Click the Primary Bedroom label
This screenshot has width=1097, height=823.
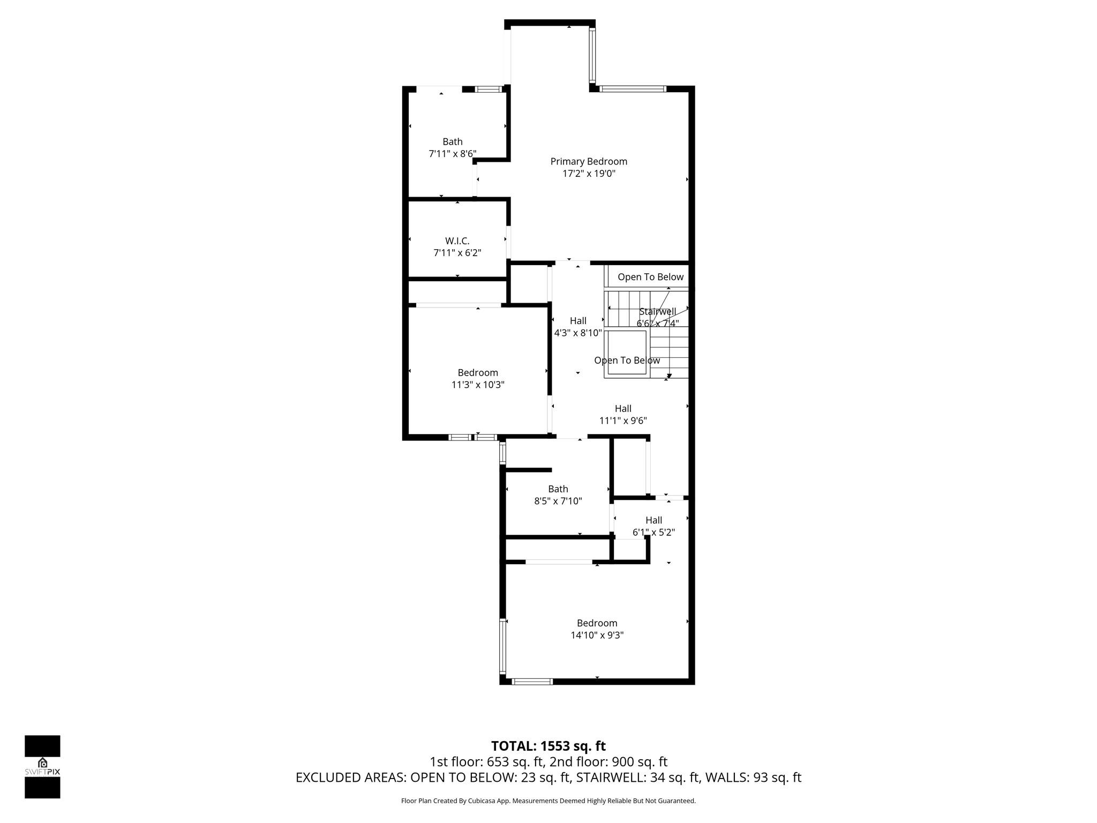point(588,161)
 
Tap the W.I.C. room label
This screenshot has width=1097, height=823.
point(457,241)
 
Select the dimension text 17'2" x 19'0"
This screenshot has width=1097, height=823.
point(588,174)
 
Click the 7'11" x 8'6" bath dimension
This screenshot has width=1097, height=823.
point(452,154)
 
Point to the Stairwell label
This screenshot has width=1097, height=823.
point(657,311)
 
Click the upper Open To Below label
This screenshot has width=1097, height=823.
point(650,277)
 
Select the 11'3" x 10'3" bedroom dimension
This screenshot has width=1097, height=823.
point(477,385)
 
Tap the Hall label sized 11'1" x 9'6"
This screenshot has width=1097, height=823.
point(622,409)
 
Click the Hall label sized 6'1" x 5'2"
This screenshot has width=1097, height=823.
point(653,520)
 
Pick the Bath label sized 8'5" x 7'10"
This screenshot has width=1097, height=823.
point(558,489)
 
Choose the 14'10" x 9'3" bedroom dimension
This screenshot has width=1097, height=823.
point(597,635)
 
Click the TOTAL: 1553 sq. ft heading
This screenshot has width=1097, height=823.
point(548,746)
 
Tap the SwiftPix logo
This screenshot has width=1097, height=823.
point(42,767)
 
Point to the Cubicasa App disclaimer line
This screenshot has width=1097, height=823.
point(548,801)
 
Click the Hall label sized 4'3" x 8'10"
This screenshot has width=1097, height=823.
point(577,321)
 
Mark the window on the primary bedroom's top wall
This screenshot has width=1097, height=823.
point(632,89)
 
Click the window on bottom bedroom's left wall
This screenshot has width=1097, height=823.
point(503,646)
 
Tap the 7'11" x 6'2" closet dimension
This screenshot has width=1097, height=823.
point(457,253)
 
